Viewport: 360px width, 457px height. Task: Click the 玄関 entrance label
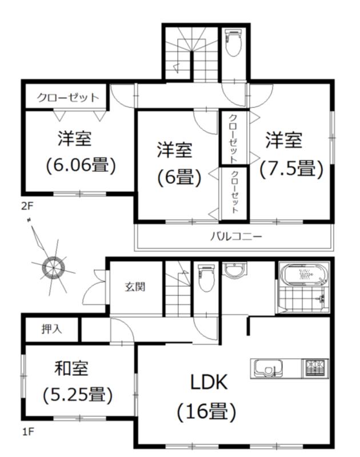[x=135, y=286]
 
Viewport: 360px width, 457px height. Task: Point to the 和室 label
[x=72, y=368]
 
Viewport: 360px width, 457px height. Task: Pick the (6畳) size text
[x=179, y=177]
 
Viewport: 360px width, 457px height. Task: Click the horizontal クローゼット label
[x=68, y=98]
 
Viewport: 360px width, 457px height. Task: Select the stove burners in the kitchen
[x=313, y=367]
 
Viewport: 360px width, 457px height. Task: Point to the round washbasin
[x=234, y=270]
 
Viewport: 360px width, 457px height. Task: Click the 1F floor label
[x=27, y=432]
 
